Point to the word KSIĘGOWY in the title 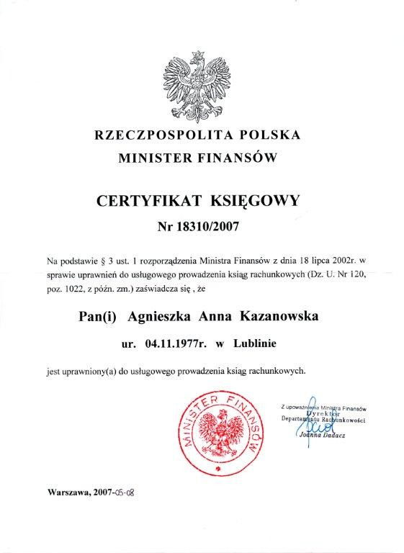254,200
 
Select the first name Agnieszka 157,317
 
